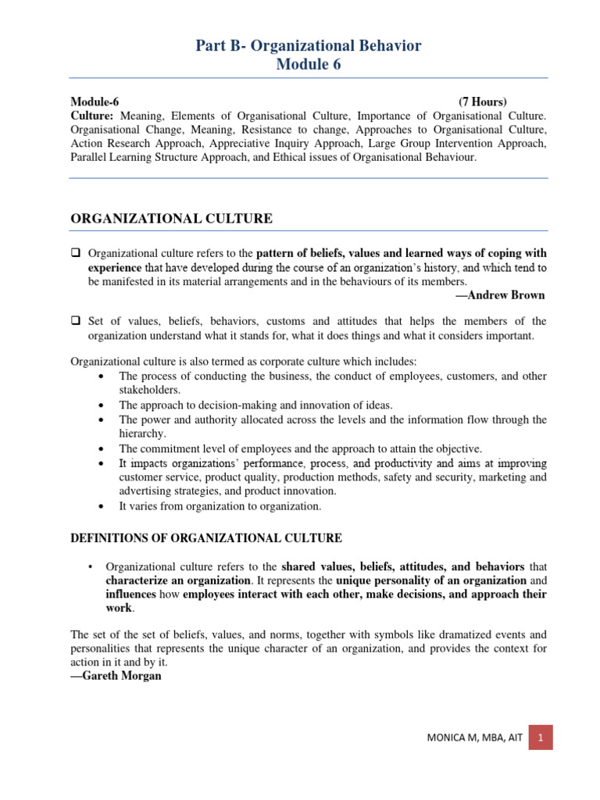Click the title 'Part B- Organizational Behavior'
coord(309,46)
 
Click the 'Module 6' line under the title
coord(309,65)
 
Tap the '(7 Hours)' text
coord(482,102)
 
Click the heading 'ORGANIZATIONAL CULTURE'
coord(171,219)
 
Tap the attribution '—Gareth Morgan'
coord(116,676)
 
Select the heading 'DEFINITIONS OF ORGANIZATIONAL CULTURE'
coord(206,537)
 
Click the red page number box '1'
coord(541,736)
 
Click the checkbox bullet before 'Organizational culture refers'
coord(76,254)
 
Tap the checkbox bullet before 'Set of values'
coord(76,321)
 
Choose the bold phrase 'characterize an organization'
coord(178,580)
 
